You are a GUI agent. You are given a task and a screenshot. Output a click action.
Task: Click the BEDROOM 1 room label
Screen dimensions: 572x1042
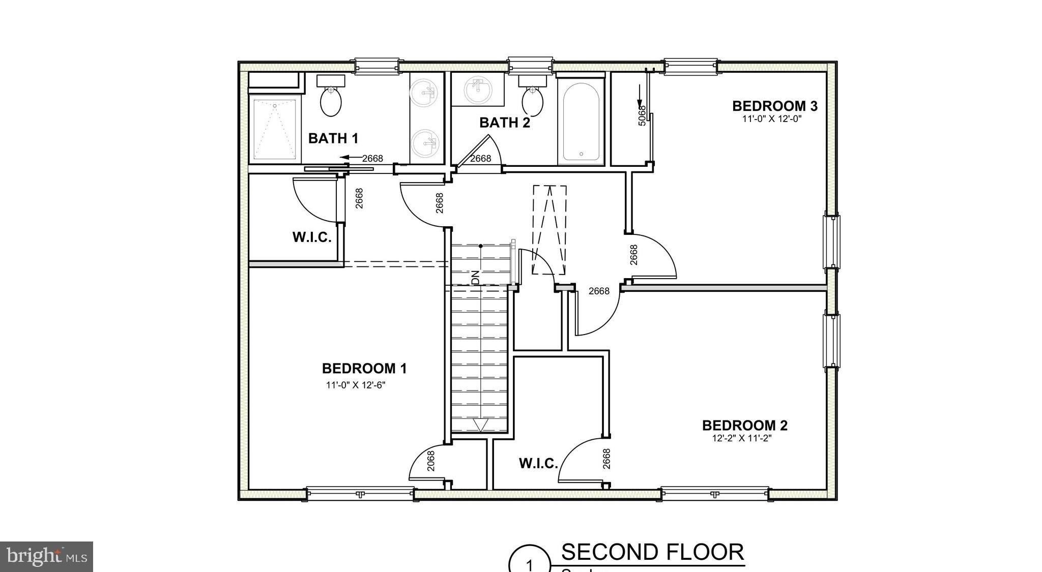pyautogui.click(x=364, y=368)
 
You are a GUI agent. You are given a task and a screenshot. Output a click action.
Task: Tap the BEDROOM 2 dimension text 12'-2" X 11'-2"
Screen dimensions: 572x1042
pyautogui.click(x=742, y=438)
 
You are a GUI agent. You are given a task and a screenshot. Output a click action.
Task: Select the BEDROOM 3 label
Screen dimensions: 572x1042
pyautogui.click(x=774, y=106)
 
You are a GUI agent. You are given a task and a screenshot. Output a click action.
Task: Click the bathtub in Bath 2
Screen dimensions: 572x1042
pyautogui.click(x=581, y=121)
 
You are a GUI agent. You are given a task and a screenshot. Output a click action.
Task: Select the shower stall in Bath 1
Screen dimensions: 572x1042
pyautogui.click(x=275, y=129)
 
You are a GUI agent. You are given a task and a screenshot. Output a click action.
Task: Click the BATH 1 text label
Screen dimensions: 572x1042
pyautogui.click(x=333, y=138)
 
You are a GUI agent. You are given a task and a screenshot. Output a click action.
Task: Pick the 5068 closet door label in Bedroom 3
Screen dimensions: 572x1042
pyautogui.click(x=642, y=115)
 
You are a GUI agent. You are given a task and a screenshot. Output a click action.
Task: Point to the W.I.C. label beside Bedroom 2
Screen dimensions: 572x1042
pyautogui.click(x=538, y=464)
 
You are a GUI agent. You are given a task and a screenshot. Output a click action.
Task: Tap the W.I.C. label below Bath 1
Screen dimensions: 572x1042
pyautogui.click(x=312, y=237)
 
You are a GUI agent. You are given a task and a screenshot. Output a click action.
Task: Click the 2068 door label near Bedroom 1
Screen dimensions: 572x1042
pyautogui.click(x=431, y=461)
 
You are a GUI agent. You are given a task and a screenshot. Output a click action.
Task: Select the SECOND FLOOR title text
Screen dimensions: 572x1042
pyautogui.click(x=652, y=552)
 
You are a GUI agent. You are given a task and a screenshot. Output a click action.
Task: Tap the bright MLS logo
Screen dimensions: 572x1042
pyautogui.click(x=46, y=556)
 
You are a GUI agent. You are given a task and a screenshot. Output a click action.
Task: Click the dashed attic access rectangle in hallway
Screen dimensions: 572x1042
pyautogui.click(x=549, y=230)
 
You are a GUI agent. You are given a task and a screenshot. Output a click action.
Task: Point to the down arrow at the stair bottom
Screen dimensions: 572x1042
pyautogui.click(x=480, y=425)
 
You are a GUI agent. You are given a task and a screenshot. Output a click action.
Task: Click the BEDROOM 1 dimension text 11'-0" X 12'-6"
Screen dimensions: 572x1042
pyautogui.click(x=356, y=385)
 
